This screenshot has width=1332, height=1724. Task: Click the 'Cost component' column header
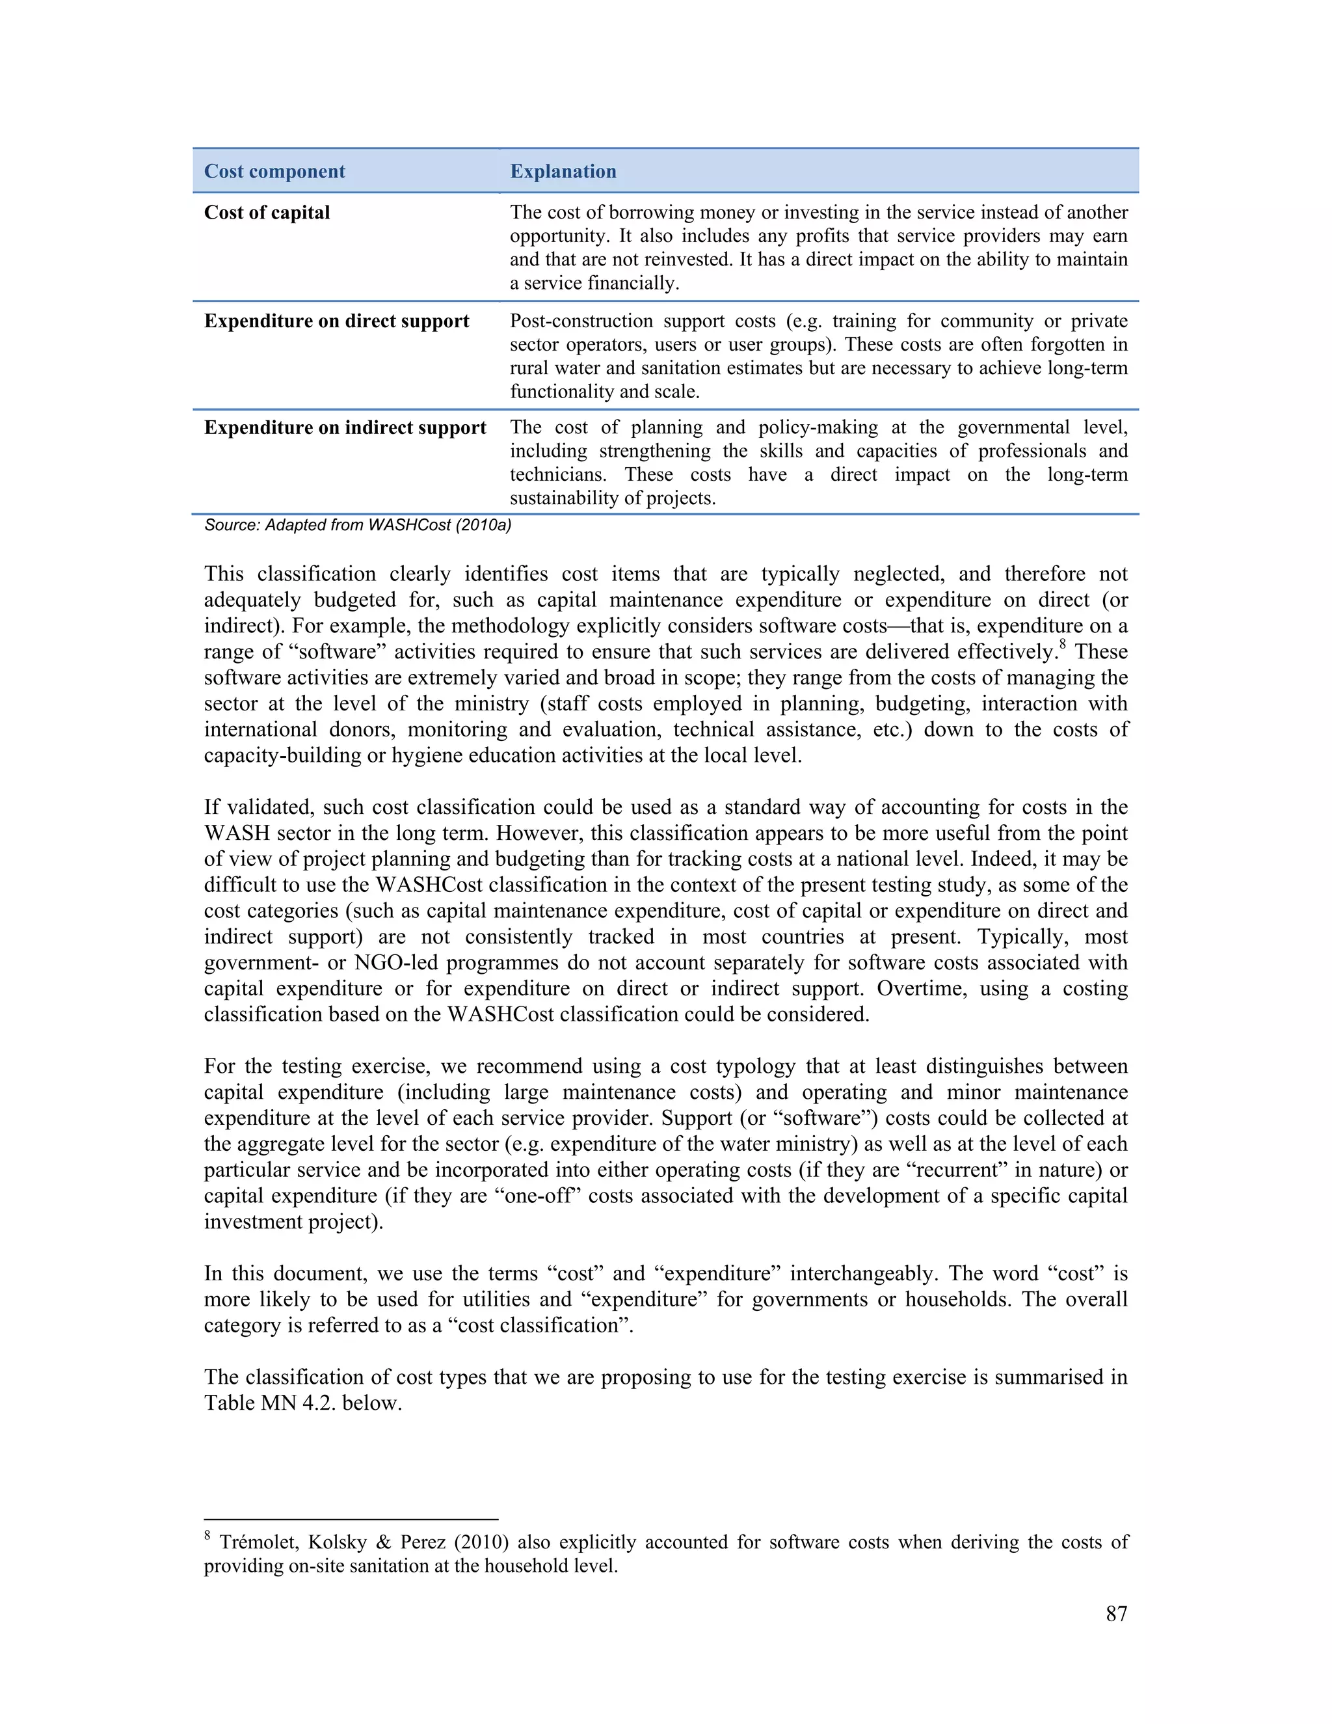coord(274,171)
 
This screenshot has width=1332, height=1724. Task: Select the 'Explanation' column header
coord(563,171)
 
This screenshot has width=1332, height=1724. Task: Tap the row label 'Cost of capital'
coord(267,212)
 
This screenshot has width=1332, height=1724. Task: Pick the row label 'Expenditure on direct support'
coord(336,321)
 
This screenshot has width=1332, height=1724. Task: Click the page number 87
coord(1116,1613)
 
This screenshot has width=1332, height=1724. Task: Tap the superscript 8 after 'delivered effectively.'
coord(1063,645)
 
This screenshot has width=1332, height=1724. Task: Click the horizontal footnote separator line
coord(351,1519)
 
